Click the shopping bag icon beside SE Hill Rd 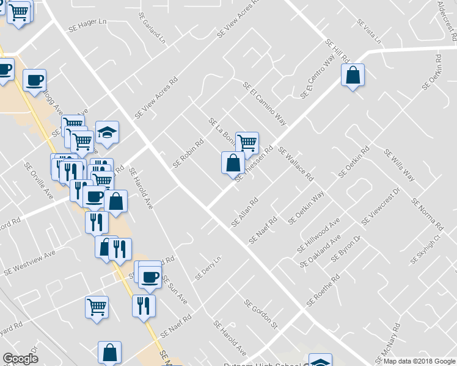(353, 76)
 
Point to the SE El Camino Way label (265, 104)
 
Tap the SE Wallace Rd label (296, 164)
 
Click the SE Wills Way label (400, 165)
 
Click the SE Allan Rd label (245, 212)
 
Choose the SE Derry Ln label (207, 268)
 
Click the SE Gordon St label (261, 313)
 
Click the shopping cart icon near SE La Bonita (247, 143)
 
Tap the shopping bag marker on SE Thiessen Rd (233, 163)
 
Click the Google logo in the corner (20, 359)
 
